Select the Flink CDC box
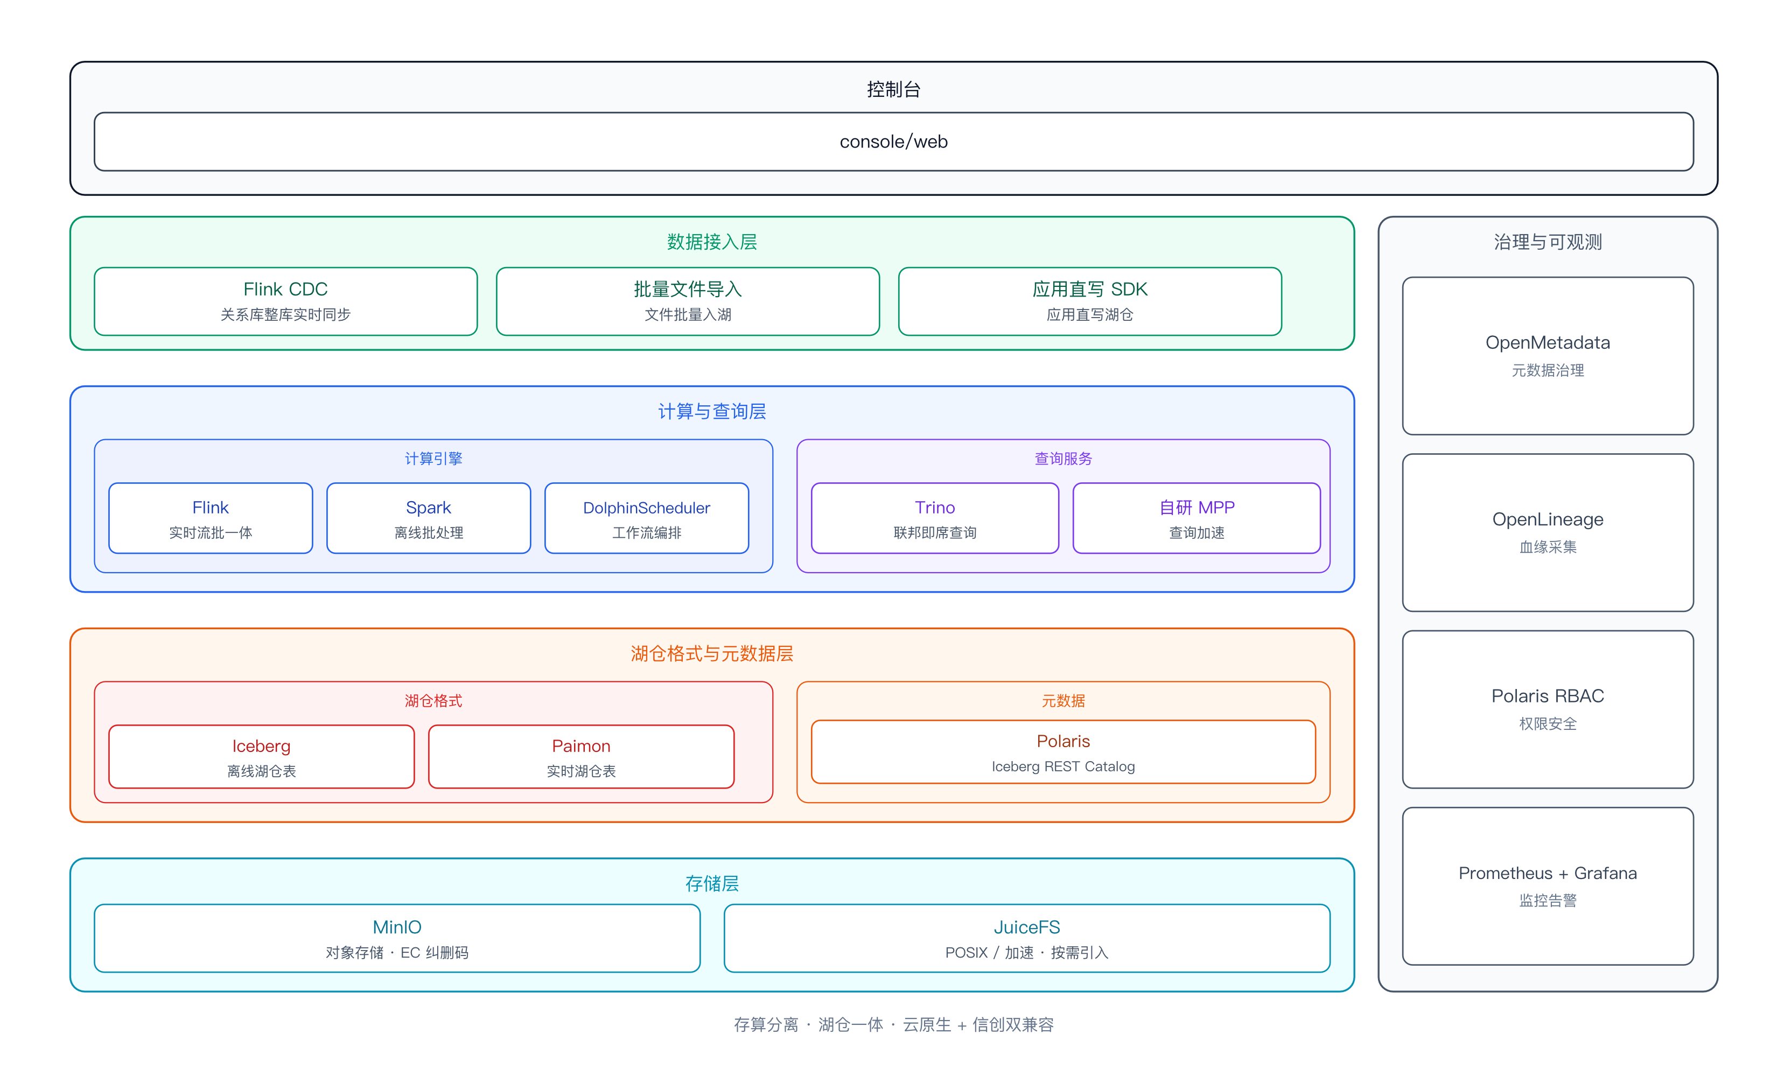coord(285,301)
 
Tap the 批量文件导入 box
coord(688,301)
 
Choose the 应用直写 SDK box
coord(1089,301)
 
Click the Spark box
coord(428,518)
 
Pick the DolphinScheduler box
coord(646,518)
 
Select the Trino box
coord(935,518)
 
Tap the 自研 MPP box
coord(1196,518)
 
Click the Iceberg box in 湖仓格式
coord(262,756)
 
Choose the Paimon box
coord(581,756)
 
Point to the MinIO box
coord(397,938)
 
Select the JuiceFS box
coord(1027,938)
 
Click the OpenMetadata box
coord(1548,356)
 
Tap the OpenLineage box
coord(1548,532)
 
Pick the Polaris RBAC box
coord(1548,709)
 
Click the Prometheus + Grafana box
coord(1548,886)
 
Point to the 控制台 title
coord(893,89)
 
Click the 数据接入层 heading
coord(712,242)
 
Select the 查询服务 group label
coord(1063,459)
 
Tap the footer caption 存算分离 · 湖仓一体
coord(808,1024)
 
